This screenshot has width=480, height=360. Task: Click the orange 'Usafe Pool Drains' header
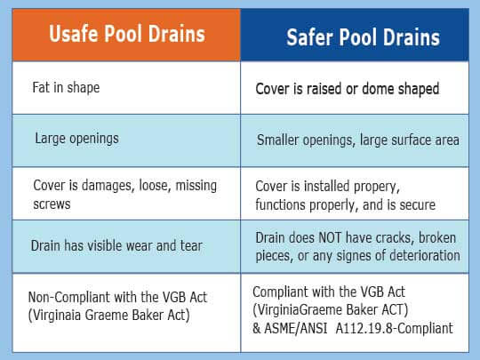click(x=127, y=34)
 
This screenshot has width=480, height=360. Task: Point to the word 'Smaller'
click(x=277, y=140)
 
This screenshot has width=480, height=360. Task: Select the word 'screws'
click(x=52, y=204)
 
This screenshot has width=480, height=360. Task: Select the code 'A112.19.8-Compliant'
click(x=395, y=328)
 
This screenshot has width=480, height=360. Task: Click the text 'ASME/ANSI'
click(x=296, y=329)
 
